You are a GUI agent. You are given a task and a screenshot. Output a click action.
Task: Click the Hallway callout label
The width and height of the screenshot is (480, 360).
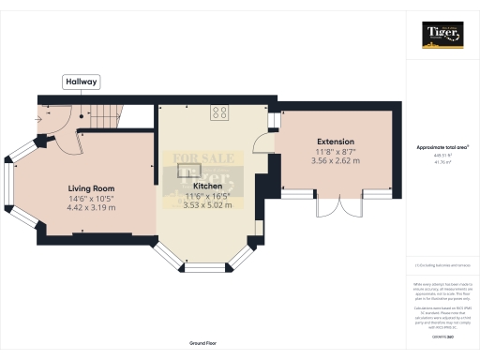81,82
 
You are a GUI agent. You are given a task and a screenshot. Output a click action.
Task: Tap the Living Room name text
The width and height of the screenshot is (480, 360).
91,189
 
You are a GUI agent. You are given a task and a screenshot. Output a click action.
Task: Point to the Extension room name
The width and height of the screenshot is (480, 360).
337,142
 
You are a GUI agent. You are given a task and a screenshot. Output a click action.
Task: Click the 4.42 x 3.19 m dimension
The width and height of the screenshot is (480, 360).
91,207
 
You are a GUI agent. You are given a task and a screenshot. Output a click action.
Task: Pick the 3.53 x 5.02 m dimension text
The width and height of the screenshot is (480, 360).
206,204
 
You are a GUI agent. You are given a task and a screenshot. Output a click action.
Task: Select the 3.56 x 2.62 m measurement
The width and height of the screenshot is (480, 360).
337,160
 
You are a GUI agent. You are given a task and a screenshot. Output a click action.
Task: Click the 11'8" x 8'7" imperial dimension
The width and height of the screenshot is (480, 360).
337,151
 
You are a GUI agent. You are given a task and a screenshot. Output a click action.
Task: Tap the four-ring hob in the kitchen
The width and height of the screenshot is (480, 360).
220,112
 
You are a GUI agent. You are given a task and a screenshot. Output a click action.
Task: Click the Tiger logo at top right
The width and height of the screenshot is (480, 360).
442,35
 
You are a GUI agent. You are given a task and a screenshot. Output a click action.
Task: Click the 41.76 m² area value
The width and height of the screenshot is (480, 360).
442,162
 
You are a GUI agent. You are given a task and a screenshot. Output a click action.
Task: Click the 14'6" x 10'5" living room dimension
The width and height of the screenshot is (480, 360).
91,199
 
